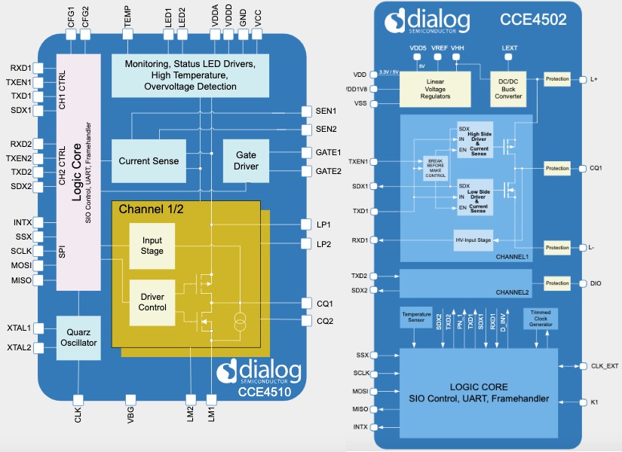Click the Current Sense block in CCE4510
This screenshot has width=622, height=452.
[x=149, y=160]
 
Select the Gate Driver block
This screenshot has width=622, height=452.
[x=246, y=160]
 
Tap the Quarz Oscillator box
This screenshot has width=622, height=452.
[x=78, y=337]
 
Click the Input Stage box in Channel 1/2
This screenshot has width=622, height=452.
[x=152, y=246]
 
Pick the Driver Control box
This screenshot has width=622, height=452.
[x=152, y=301]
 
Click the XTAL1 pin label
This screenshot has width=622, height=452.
[x=19, y=328]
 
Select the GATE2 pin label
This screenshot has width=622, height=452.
[x=328, y=171]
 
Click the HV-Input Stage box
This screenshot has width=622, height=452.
[x=473, y=240]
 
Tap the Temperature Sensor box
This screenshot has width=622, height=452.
[x=417, y=317]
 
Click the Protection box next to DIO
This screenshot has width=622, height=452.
[x=557, y=283]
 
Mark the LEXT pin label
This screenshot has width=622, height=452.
[x=510, y=47]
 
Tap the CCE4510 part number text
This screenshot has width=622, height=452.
[x=261, y=391]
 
